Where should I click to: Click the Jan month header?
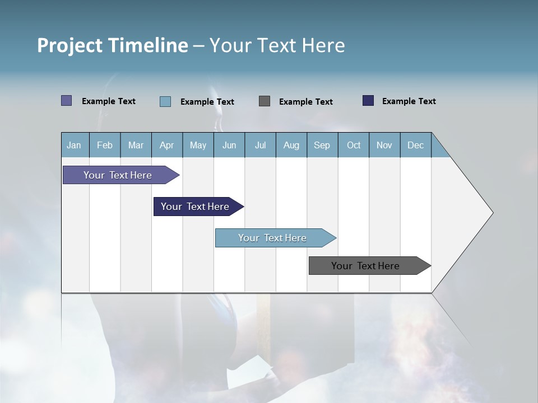[74, 145]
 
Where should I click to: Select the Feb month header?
[105, 145]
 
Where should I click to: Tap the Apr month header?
[166, 145]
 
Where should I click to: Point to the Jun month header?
[229, 145]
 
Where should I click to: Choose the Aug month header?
[291, 145]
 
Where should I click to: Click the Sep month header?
[322, 145]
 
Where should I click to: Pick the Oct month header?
[354, 145]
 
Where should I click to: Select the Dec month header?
[415, 145]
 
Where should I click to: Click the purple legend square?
[67, 101]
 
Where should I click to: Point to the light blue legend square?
[165, 101]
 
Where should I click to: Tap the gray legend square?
[265, 101]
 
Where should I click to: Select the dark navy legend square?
[368, 101]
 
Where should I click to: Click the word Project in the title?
[69, 45]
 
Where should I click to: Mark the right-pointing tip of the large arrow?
[491, 213]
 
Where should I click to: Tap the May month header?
[198, 145]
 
